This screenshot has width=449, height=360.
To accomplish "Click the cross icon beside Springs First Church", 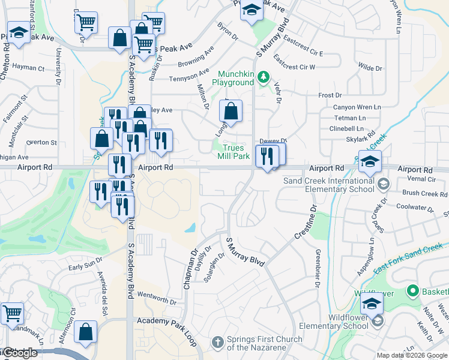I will [x=218, y=343].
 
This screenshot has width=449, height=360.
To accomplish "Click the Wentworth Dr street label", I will [x=157, y=296].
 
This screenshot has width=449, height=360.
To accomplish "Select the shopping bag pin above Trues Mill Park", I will [x=231, y=111].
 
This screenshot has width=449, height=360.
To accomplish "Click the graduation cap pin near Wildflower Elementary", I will [x=372, y=305].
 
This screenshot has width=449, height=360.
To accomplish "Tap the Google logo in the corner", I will [x=20, y=353].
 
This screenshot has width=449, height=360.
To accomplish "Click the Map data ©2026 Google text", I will [x=412, y=355].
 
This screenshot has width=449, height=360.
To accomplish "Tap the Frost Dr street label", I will [x=330, y=95].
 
